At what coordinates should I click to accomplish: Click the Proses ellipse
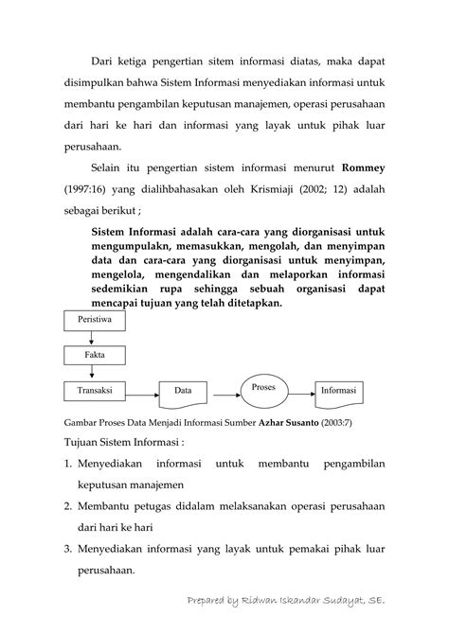263,388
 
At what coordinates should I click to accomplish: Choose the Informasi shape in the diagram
338,390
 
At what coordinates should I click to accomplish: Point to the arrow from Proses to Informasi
300,390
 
